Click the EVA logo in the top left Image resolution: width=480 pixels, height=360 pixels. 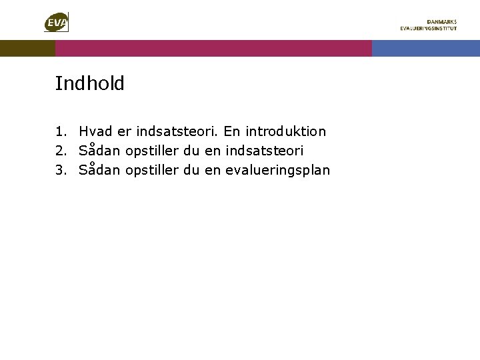click(x=56, y=23)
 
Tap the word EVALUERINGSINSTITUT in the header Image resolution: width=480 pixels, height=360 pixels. click(x=428, y=29)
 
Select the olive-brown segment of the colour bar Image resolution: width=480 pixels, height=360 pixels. click(x=27, y=48)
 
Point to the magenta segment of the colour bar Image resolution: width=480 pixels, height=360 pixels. click(x=213, y=48)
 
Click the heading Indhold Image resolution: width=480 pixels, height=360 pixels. click(x=89, y=84)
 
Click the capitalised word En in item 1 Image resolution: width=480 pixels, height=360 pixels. click(x=232, y=132)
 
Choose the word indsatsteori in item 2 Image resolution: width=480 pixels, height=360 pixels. click(x=265, y=151)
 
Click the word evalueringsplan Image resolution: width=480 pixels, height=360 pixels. click(x=277, y=171)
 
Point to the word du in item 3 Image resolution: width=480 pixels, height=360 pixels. click(x=191, y=170)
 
